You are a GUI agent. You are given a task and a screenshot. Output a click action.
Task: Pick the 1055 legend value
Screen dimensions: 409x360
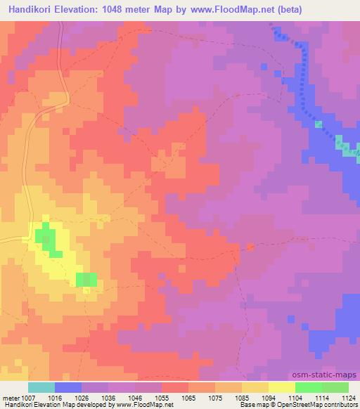(x=162, y=397)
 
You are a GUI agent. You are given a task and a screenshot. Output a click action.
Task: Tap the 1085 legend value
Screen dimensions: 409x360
(x=242, y=397)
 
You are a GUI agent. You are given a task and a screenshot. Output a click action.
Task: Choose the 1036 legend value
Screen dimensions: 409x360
(x=109, y=397)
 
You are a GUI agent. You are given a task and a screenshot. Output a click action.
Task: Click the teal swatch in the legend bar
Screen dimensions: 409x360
(x=41, y=387)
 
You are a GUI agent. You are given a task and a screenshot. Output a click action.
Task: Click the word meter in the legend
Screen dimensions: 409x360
(x=11, y=397)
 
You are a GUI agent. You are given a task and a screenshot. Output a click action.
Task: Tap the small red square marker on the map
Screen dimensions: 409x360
(x=251, y=247)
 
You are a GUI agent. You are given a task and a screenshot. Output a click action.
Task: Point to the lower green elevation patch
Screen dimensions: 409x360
(x=86, y=279)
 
